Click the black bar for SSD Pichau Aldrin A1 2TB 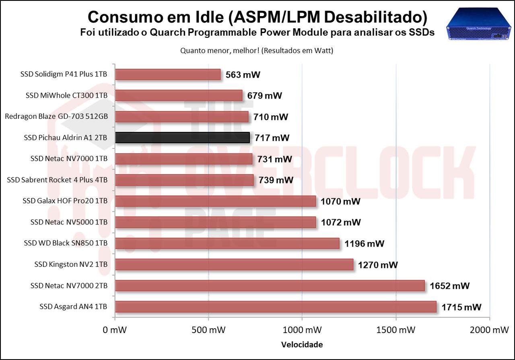click(182, 138)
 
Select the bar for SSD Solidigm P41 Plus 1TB click(168, 74)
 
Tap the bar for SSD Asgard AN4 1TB click(276, 307)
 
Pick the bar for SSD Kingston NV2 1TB click(234, 264)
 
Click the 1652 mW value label click(449, 286)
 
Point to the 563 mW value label click(243, 74)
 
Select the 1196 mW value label click(364, 243)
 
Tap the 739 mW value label click(276, 180)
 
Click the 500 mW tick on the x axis click(208, 330)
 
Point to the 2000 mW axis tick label click(488, 330)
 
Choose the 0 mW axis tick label click(115, 330)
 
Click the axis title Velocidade click(302, 345)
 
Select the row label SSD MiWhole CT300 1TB click(66, 96)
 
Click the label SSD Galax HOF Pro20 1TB click(65, 201)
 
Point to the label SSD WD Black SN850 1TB click(66, 243)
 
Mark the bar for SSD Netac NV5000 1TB click(215, 222)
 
